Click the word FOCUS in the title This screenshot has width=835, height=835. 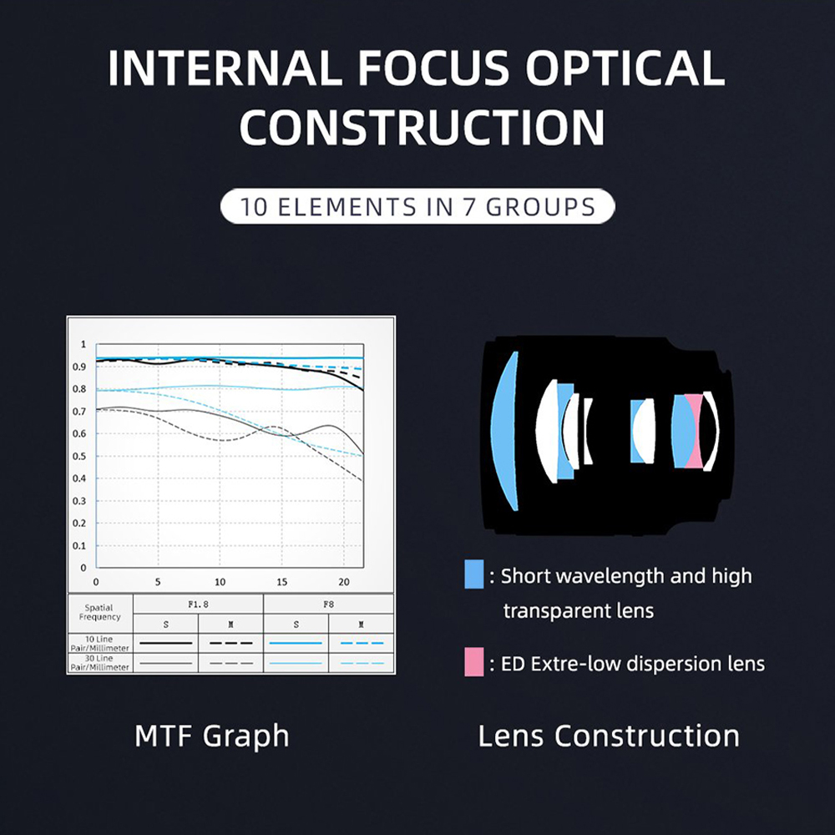pos(433,68)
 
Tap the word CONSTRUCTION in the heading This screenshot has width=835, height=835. pos(422,127)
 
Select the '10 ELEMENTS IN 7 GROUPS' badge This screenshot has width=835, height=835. pos(417,206)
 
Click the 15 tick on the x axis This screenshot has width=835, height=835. pos(281,582)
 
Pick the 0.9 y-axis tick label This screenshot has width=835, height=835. pos(79,367)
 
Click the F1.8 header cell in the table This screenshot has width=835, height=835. pos(198,605)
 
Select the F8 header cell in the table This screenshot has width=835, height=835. pos(328,605)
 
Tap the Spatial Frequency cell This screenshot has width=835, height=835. pos(99,612)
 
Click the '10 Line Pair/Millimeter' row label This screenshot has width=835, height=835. pos(99,643)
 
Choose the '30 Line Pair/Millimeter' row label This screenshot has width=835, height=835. pos(99,663)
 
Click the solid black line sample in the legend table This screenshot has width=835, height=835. pos(165,643)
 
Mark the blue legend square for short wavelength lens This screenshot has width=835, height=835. pos(474,574)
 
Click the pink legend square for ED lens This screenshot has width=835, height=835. pos(474,662)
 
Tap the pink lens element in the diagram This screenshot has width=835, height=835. pos(693,432)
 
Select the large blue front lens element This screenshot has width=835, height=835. pos(505,432)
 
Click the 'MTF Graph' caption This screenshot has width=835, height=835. pos(212,736)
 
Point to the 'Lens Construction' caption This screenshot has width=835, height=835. pos(609,736)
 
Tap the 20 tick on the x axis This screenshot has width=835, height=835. pos(344,582)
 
